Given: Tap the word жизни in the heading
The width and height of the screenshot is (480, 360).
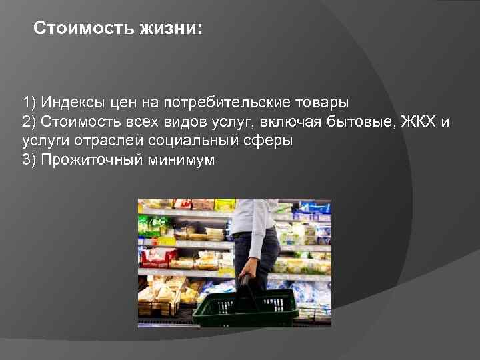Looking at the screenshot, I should point(167,29).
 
